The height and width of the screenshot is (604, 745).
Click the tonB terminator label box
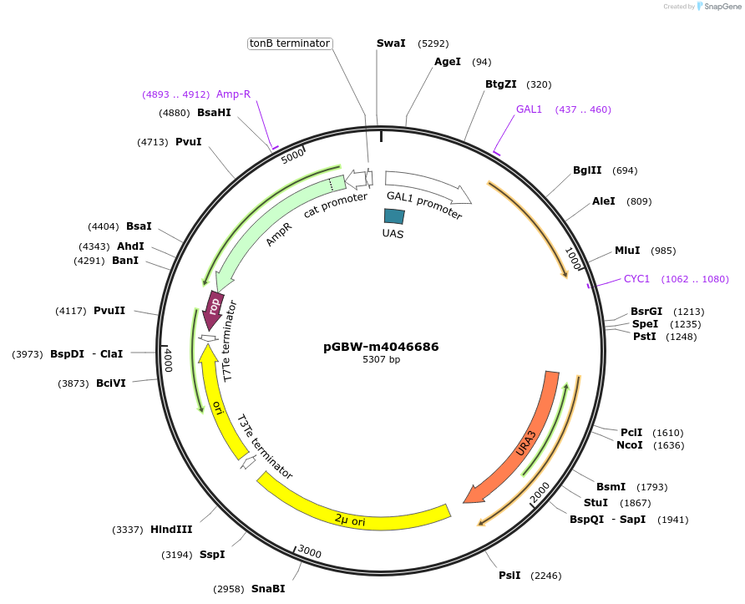tap(291, 43)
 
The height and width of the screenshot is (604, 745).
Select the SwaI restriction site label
tap(391, 43)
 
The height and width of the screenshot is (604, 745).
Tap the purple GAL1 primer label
tap(529, 109)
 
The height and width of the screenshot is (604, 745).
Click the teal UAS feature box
tap(393, 216)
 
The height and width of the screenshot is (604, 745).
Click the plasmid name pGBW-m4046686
tap(381, 347)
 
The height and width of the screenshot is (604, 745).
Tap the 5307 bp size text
tap(381, 360)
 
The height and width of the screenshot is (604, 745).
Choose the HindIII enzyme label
tap(171, 530)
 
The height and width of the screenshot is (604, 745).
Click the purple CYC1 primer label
tap(636, 279)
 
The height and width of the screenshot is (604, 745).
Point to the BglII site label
tap(587, 170)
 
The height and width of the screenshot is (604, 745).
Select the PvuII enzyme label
tap(109, 311)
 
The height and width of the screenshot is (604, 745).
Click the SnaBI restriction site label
tap(268, 589)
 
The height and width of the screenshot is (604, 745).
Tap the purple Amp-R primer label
tap(233, 94)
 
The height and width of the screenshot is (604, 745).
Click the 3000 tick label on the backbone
tap(309, 552)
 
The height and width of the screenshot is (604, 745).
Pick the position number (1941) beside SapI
tap(673, 520)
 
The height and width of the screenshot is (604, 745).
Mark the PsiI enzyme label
tap(509, 575)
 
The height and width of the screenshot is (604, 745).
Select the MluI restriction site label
tap(627, 251)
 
